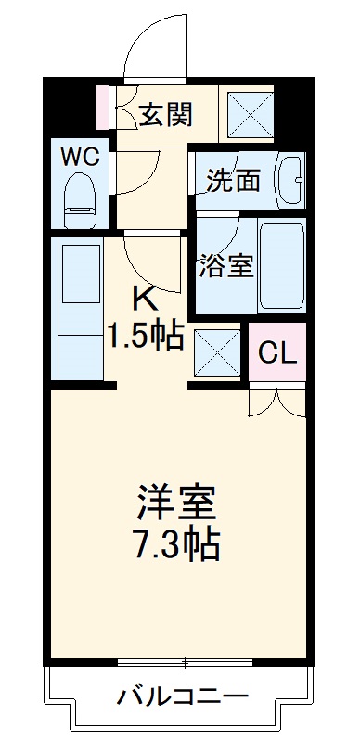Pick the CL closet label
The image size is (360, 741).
pyautogui.click(x=276, y=352)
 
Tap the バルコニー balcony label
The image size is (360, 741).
pyautogui.click(x=183, y=695)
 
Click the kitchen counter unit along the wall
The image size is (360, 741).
pyautogui.click(x=81, y=306)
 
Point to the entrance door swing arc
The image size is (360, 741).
pyautogui.click(x=153, y=46)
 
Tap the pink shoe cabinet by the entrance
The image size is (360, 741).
pyautogui.click(x=103, y=107)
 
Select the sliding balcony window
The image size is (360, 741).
pyautogui.click(x=186, y=662)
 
